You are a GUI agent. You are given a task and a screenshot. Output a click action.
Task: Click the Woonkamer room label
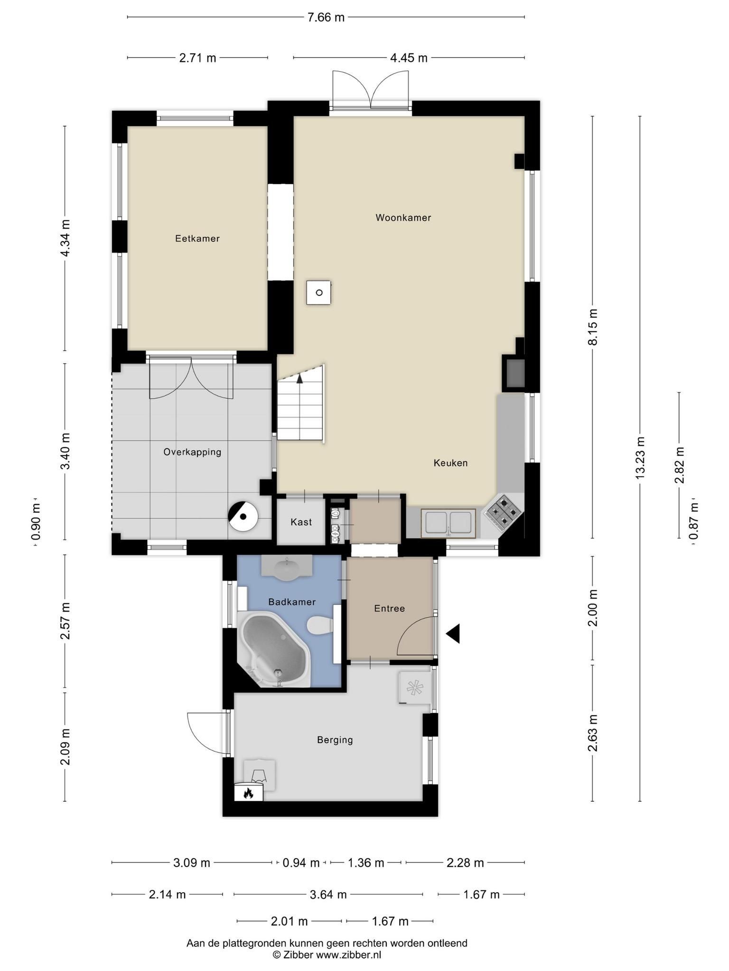(x=403, y=218)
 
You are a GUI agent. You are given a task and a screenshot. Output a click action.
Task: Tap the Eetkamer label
(x=197, y=238)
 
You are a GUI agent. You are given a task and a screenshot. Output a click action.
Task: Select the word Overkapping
(x=192, y=452)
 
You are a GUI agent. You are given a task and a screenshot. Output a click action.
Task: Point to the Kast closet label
(x=301, y=522)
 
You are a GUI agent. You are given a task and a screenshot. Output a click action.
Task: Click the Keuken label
(x=450, y=463)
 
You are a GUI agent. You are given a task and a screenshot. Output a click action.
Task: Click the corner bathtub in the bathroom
(x=274, y=650)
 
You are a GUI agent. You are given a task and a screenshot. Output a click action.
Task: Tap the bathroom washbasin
(x=287, y=568)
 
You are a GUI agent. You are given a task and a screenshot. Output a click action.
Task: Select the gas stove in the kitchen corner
(x=503, y=512)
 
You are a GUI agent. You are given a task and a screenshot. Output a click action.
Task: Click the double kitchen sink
(x=448, y=523)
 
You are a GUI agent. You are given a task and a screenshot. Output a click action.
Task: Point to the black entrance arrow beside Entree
(x=453, y=633)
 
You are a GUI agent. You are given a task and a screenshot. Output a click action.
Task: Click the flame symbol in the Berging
(x=248, y=793)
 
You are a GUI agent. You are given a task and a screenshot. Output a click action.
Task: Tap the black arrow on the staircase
(x=299, y=377)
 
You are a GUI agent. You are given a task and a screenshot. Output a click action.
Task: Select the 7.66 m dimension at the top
(x=326, y=18)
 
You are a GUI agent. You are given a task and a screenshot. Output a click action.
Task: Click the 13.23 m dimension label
(x=640, y=458)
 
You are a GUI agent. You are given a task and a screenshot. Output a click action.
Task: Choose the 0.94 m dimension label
(x=301, y=863)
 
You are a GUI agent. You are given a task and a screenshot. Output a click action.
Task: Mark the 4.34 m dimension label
(x=65, y=238)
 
